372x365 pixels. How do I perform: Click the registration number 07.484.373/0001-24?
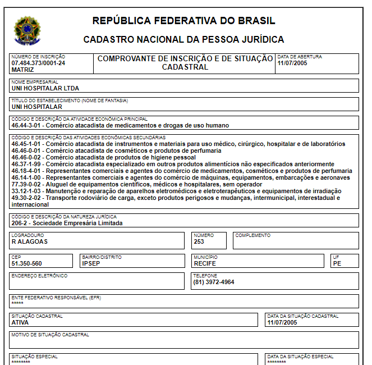point(38,63)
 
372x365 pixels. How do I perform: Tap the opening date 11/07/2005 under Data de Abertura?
point(293,63)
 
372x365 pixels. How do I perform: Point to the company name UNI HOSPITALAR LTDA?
point(45,89)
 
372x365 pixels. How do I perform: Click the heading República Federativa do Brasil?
point(183,21)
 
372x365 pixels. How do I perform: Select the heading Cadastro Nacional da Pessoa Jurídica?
point(183,40)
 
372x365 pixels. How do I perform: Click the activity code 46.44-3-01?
point(27,126)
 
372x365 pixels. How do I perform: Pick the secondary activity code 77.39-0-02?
point(27,184)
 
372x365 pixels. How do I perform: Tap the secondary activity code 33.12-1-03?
point(27,191)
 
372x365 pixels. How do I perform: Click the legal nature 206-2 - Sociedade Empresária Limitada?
point(67,223)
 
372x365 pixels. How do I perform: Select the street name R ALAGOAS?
point(30,242)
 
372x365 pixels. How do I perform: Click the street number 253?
point(199,242)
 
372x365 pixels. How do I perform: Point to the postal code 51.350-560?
point(27,263)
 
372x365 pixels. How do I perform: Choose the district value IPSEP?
point(91,263)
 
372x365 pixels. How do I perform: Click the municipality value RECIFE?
point(205,263)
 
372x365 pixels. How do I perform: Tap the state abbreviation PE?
point(337,263)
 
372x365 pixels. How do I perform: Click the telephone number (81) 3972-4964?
point(214,282)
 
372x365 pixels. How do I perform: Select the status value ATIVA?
point(20,322)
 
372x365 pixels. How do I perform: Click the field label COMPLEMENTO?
point(252,236)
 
